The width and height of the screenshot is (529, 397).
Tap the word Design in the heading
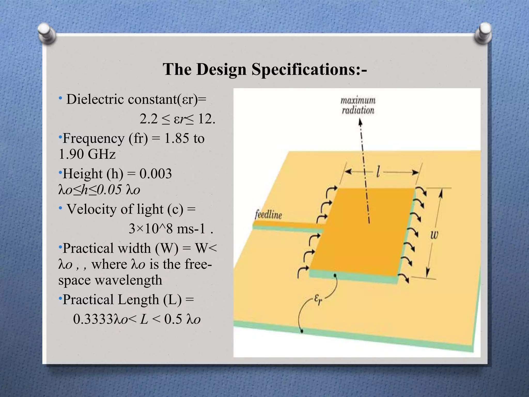tap(221, 70)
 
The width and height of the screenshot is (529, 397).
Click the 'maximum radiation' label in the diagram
tap(358, 105)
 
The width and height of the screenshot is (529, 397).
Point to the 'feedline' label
tap(268, 215)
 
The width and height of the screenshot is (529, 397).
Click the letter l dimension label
tap(378, 172)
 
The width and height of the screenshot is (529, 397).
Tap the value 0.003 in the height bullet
tap(155, 173)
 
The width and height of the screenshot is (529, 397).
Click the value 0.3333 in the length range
tap(93, 319)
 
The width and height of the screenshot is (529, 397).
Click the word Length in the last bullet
tap(138, 300)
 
